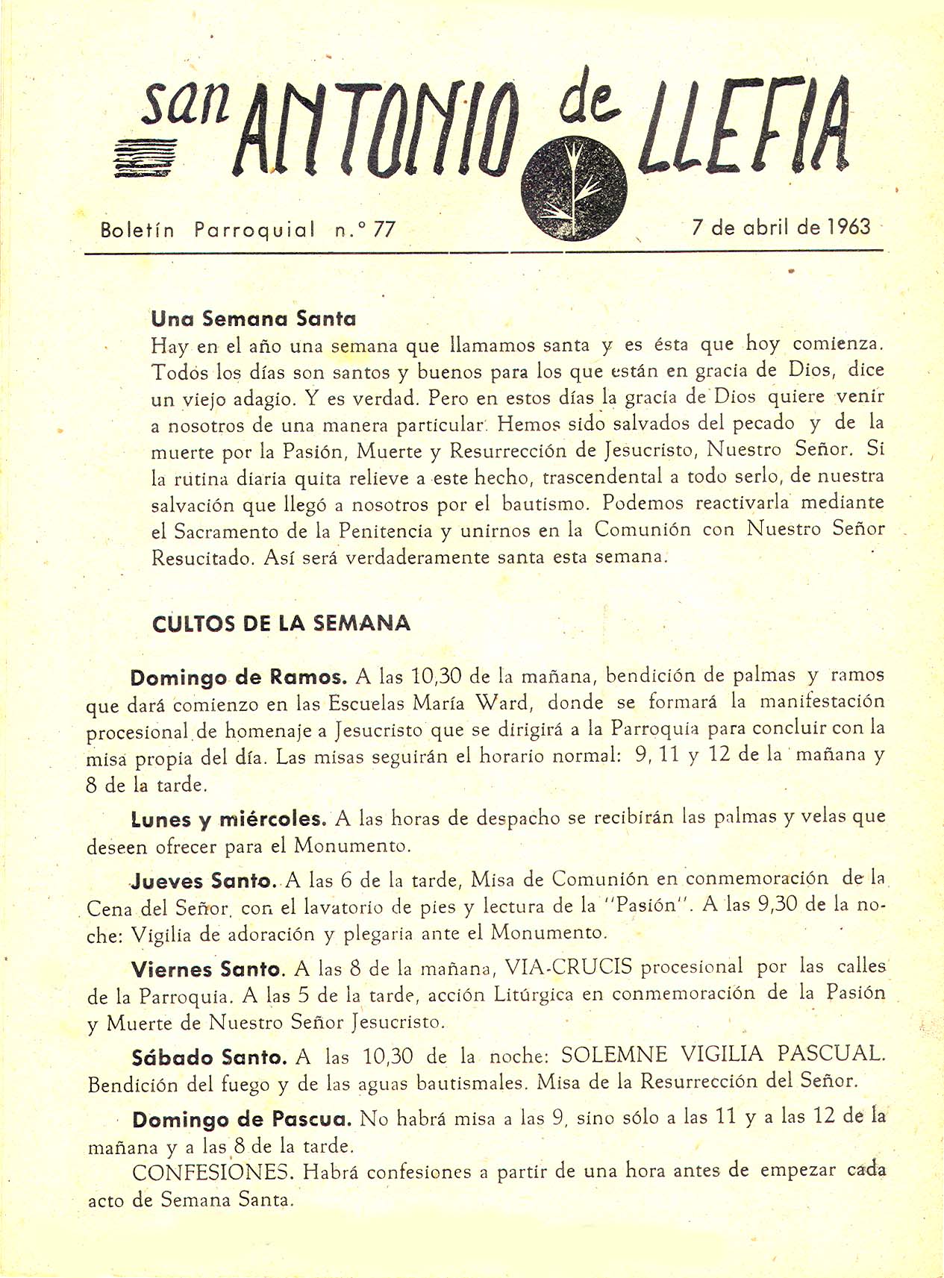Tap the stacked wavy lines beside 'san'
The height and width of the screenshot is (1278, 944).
[146, 157]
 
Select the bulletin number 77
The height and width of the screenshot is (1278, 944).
[384, 230]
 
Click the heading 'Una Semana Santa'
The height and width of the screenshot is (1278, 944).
[253, 319]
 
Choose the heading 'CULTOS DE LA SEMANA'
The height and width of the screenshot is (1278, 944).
[281, 624]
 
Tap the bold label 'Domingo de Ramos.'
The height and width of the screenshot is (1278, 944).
[239, 678]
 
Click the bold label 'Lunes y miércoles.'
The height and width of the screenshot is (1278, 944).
[228, 819]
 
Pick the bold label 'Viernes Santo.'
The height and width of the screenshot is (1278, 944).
[208, 970]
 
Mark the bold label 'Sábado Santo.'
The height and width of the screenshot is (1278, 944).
[209, 1058]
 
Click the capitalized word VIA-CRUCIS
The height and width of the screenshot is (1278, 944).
[568, 968]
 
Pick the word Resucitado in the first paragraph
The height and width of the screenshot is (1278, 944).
[201, 558]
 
